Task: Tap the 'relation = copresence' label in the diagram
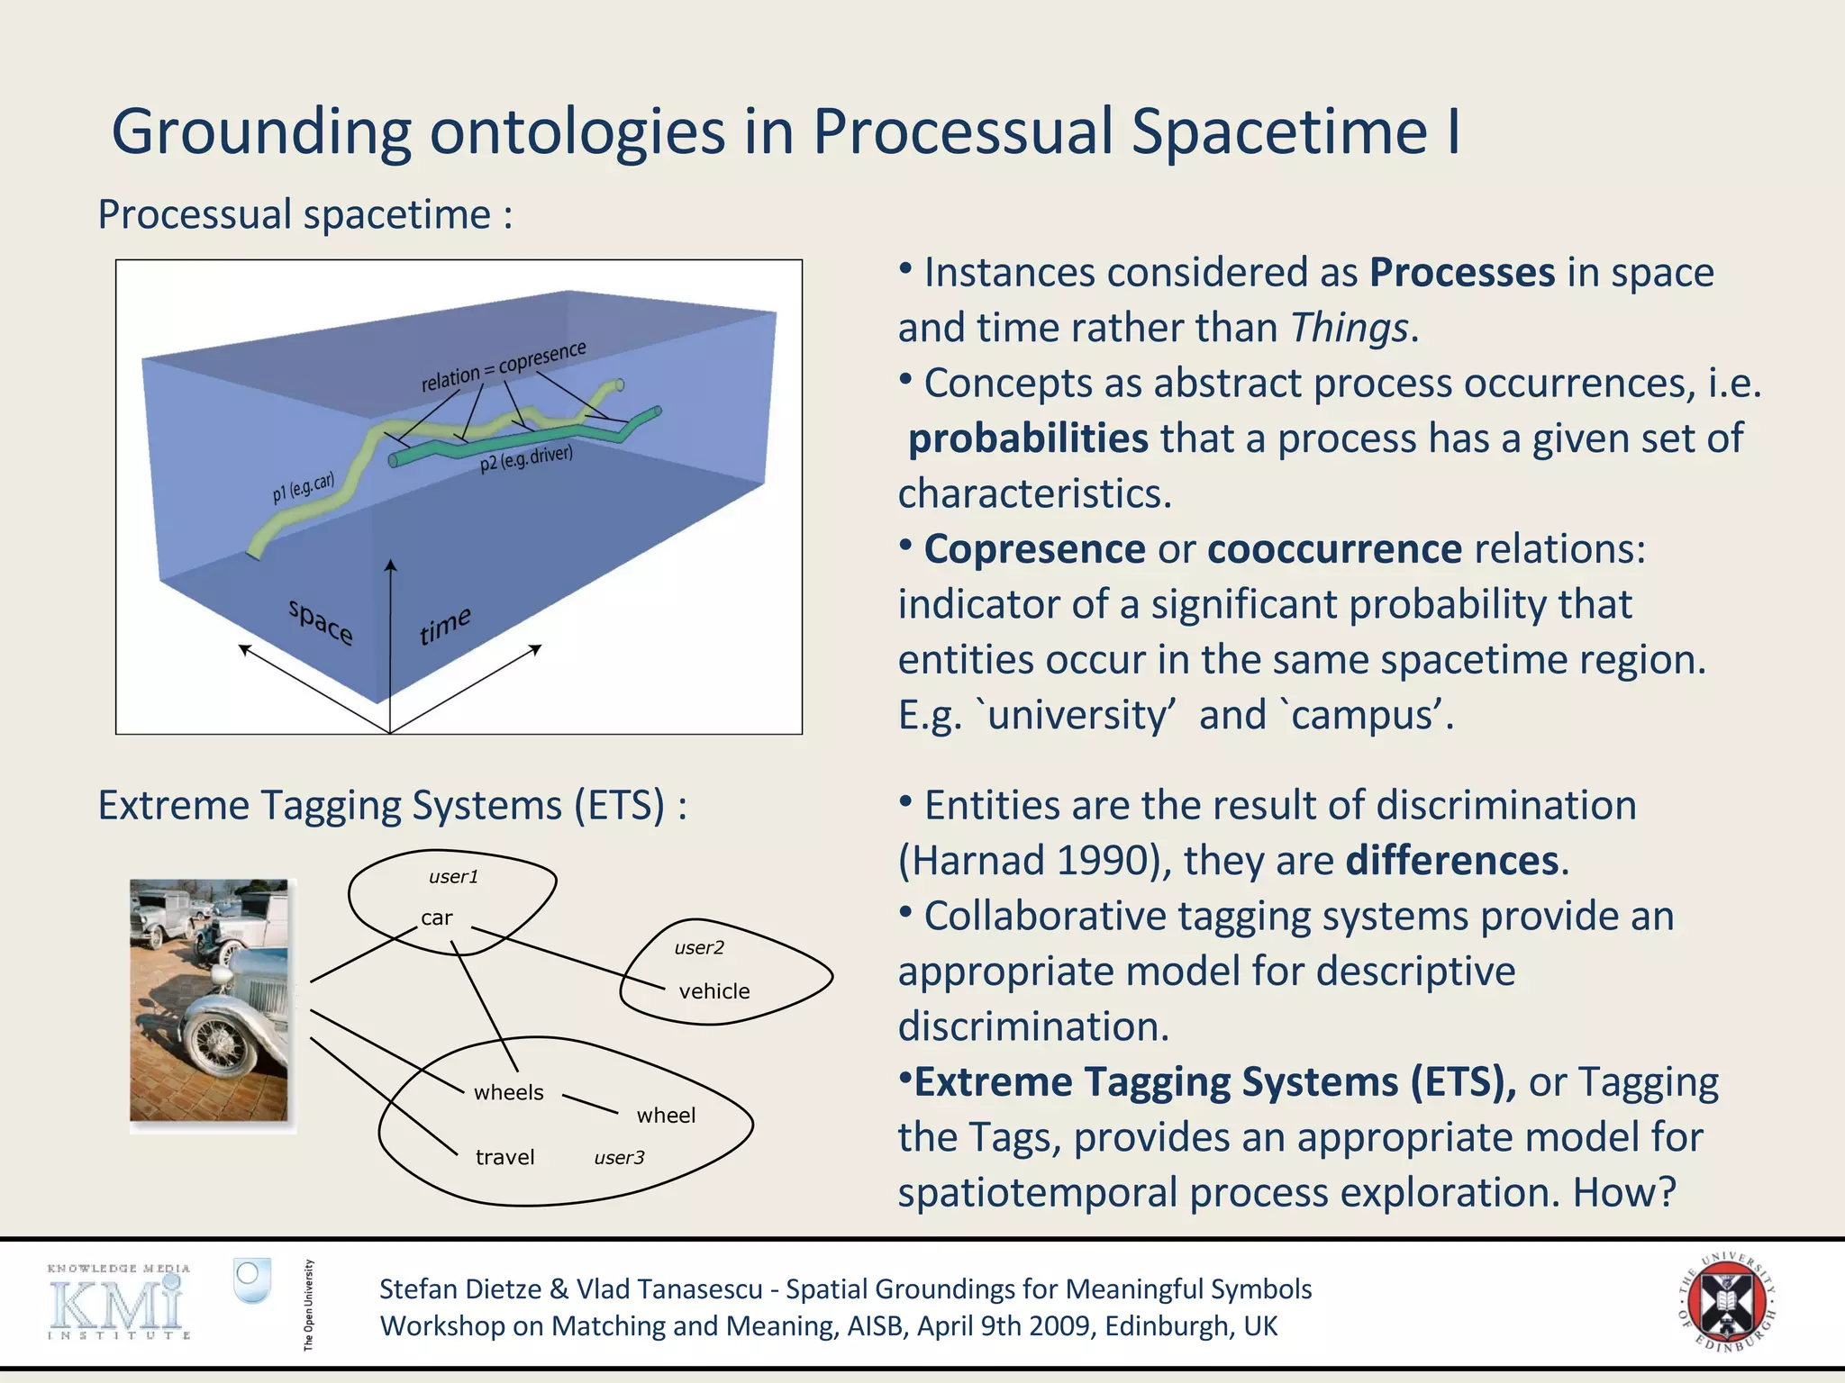point(504,366)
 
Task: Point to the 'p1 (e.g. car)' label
point(303,487)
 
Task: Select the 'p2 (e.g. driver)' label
point(526,457)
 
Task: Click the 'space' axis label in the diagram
point(321,620)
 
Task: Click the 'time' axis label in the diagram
point(444,625)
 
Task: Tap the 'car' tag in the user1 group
point(436,917)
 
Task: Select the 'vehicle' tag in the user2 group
point(713,991)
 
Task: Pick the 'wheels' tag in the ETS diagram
point(508,1092)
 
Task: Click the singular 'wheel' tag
point(666,1116)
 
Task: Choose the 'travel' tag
point(504,1157)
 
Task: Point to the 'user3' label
point(619,1158)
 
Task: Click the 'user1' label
point(453,877)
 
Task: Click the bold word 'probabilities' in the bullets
point(1028,438)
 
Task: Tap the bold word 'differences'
point(1451,861)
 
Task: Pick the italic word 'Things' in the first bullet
point(1349,328)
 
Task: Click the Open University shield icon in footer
point(251,1279)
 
